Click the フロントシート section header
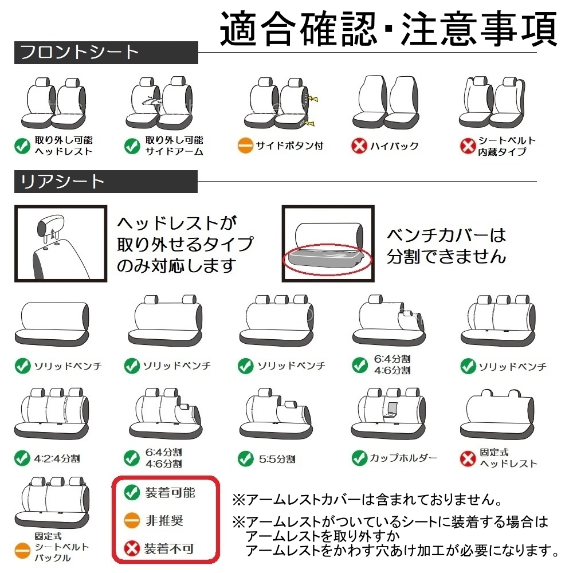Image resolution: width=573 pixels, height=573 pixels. tap(80, 53)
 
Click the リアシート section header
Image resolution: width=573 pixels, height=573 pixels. tap(62, 182)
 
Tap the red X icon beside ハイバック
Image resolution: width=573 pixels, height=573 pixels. tap(359, 146)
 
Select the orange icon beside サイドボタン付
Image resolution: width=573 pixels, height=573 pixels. tap(245, 146)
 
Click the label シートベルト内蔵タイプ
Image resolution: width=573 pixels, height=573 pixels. tap(507, 146)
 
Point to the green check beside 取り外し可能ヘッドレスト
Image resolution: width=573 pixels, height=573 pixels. tap(22, 146)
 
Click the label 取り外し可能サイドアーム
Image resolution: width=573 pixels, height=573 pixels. tap(174, 146)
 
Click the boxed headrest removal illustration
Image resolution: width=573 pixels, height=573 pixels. tap(61, 244)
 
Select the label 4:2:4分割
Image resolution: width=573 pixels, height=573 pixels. tap(57, 458)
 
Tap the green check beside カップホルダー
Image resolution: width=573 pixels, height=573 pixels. tap(359, 458)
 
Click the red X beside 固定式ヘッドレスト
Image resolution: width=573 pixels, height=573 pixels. tap(469, 458)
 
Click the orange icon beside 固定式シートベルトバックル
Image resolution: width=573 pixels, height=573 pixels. tap(22, 552)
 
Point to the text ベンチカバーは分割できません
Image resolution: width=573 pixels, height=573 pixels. tap(446, 245)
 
